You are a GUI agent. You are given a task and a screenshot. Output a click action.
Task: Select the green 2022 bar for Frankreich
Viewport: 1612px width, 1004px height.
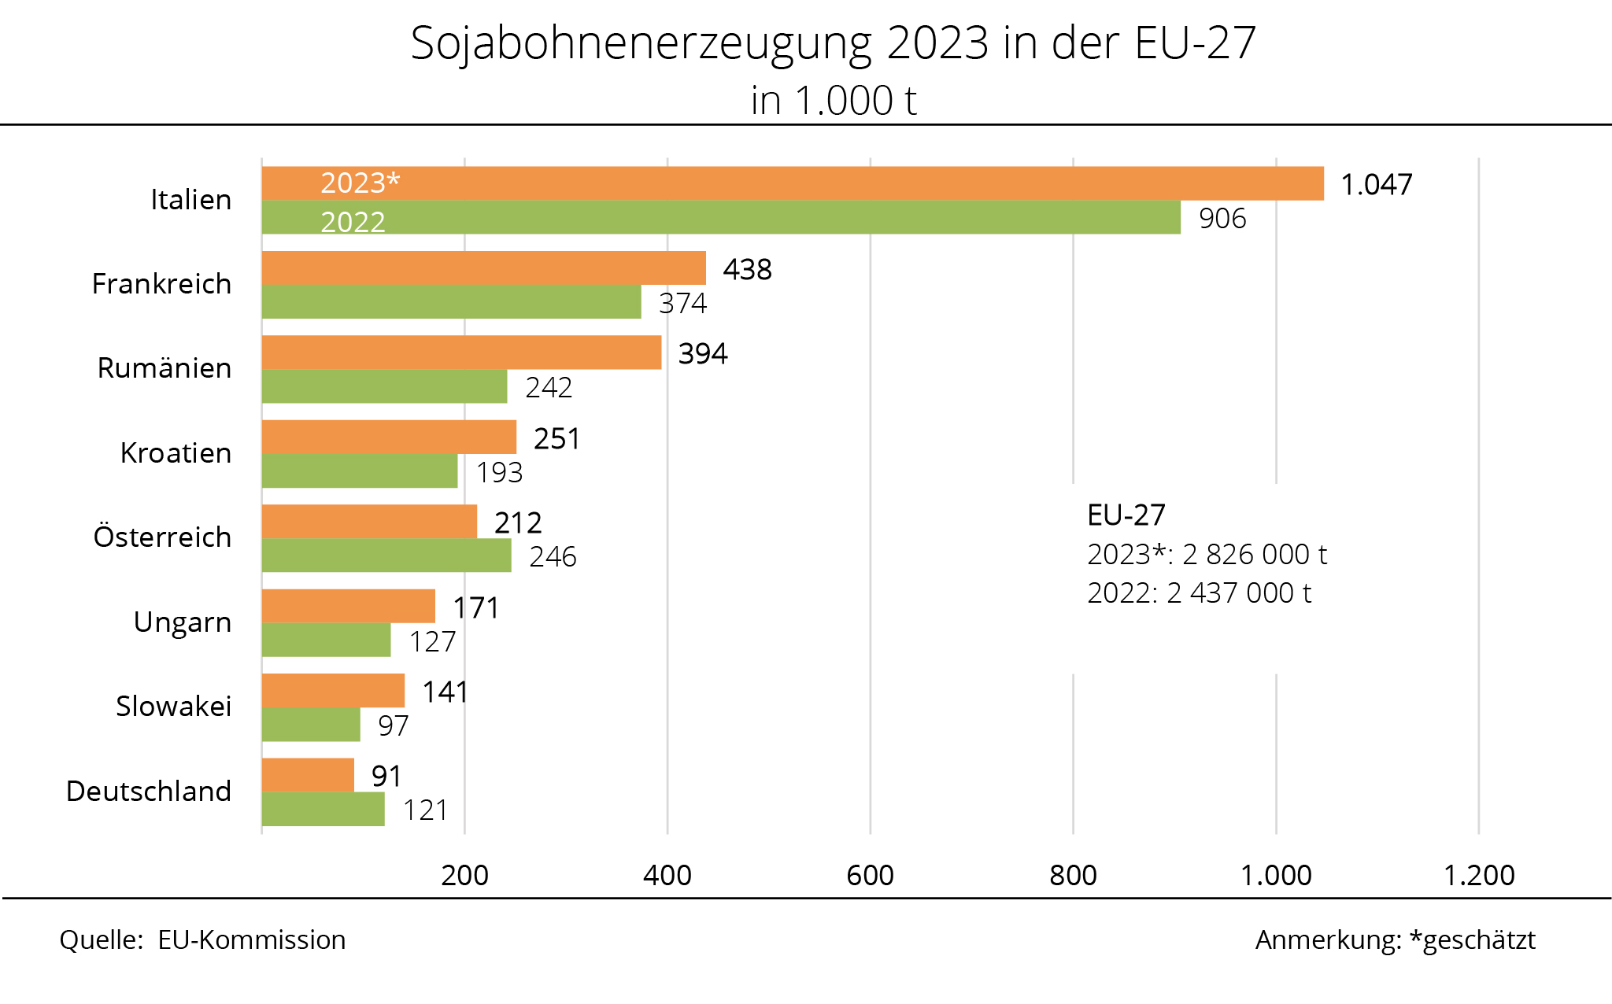451,301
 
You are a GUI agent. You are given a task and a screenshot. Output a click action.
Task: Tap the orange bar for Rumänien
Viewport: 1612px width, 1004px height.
461,353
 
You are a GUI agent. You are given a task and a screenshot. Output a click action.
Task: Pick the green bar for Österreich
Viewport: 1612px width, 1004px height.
386,556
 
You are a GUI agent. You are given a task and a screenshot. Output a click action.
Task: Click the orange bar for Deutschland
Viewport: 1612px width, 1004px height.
308,775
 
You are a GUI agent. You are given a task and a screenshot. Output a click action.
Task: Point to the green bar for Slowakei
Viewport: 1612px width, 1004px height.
311,725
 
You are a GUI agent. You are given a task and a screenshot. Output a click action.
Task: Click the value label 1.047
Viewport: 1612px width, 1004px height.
1376,185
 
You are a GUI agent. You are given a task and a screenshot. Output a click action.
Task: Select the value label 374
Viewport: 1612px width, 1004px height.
682,303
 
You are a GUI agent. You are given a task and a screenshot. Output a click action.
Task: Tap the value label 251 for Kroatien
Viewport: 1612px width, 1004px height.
556,439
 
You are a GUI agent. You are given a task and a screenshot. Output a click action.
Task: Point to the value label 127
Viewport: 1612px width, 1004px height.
432,642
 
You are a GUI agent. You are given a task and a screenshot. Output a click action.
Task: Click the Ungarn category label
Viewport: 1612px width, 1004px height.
183,622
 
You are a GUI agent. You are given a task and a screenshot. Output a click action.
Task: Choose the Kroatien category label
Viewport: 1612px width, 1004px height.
176,453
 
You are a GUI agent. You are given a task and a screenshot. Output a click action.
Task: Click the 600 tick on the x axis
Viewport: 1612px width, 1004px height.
870,875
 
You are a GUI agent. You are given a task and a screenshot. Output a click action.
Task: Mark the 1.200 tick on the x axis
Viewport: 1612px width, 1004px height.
1478,875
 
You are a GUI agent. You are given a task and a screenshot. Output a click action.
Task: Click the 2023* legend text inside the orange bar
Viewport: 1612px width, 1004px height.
360,183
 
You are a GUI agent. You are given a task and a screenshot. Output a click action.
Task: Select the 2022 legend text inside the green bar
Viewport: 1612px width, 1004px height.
353,223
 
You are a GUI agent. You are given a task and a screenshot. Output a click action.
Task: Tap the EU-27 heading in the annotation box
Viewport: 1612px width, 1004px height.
1126,515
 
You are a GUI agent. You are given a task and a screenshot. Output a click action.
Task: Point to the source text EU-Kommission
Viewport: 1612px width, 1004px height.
251,940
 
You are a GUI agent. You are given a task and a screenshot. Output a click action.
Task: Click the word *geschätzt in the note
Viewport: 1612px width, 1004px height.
1472,940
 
